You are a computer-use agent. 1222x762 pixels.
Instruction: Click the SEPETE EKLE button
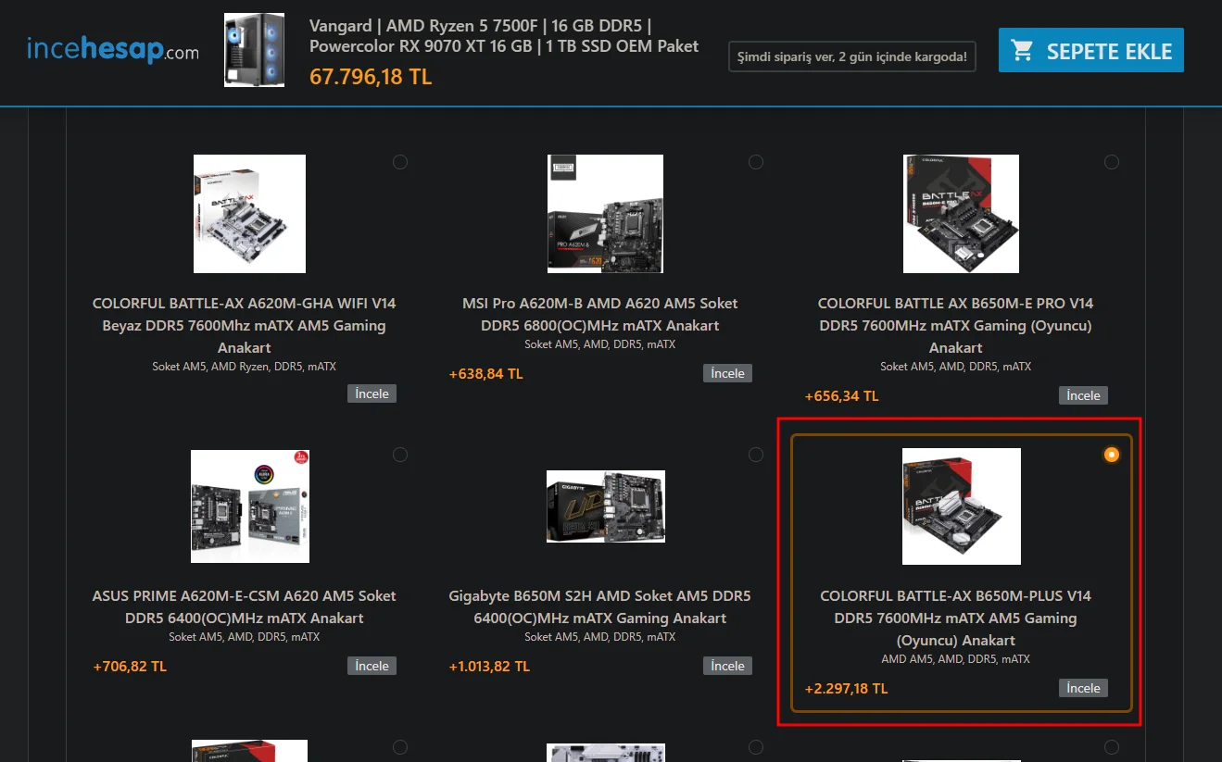click(1091, 50)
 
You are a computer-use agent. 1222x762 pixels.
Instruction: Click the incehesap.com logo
click(113, 49)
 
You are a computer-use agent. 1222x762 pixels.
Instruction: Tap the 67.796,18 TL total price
click(371, 77)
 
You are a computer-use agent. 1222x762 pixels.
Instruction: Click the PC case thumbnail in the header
click(254, 50)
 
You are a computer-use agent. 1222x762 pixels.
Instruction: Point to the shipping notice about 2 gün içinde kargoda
click(852, 56)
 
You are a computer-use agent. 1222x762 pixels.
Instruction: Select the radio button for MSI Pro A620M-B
click(756, 162)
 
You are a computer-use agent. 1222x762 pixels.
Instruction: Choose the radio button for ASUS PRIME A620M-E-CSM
click(400, 455)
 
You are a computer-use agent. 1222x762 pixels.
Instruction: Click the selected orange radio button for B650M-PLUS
click(1111, 455)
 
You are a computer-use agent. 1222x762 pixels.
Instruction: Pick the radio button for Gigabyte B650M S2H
click(756, 455)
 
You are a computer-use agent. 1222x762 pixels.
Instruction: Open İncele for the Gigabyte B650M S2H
click(727, 666)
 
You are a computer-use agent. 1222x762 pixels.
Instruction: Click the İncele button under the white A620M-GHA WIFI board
click(372, 393)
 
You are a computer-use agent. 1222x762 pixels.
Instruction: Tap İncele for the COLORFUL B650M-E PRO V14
click(1083, 395)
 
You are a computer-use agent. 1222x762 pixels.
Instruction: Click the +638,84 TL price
click(485, 374)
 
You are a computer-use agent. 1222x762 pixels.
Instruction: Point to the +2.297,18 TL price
click(846, 689)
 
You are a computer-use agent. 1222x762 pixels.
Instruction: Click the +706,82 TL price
click(130, 666)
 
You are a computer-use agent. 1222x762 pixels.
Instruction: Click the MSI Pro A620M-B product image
click(605, 214)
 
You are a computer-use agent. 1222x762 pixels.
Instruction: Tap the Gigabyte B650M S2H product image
click(606, 506)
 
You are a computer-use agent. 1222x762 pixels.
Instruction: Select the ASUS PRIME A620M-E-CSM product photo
click(250, 506)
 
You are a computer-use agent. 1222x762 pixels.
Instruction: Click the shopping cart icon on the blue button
click(1022, 50)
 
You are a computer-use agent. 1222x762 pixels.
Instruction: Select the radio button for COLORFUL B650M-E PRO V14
click(1111, 162)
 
